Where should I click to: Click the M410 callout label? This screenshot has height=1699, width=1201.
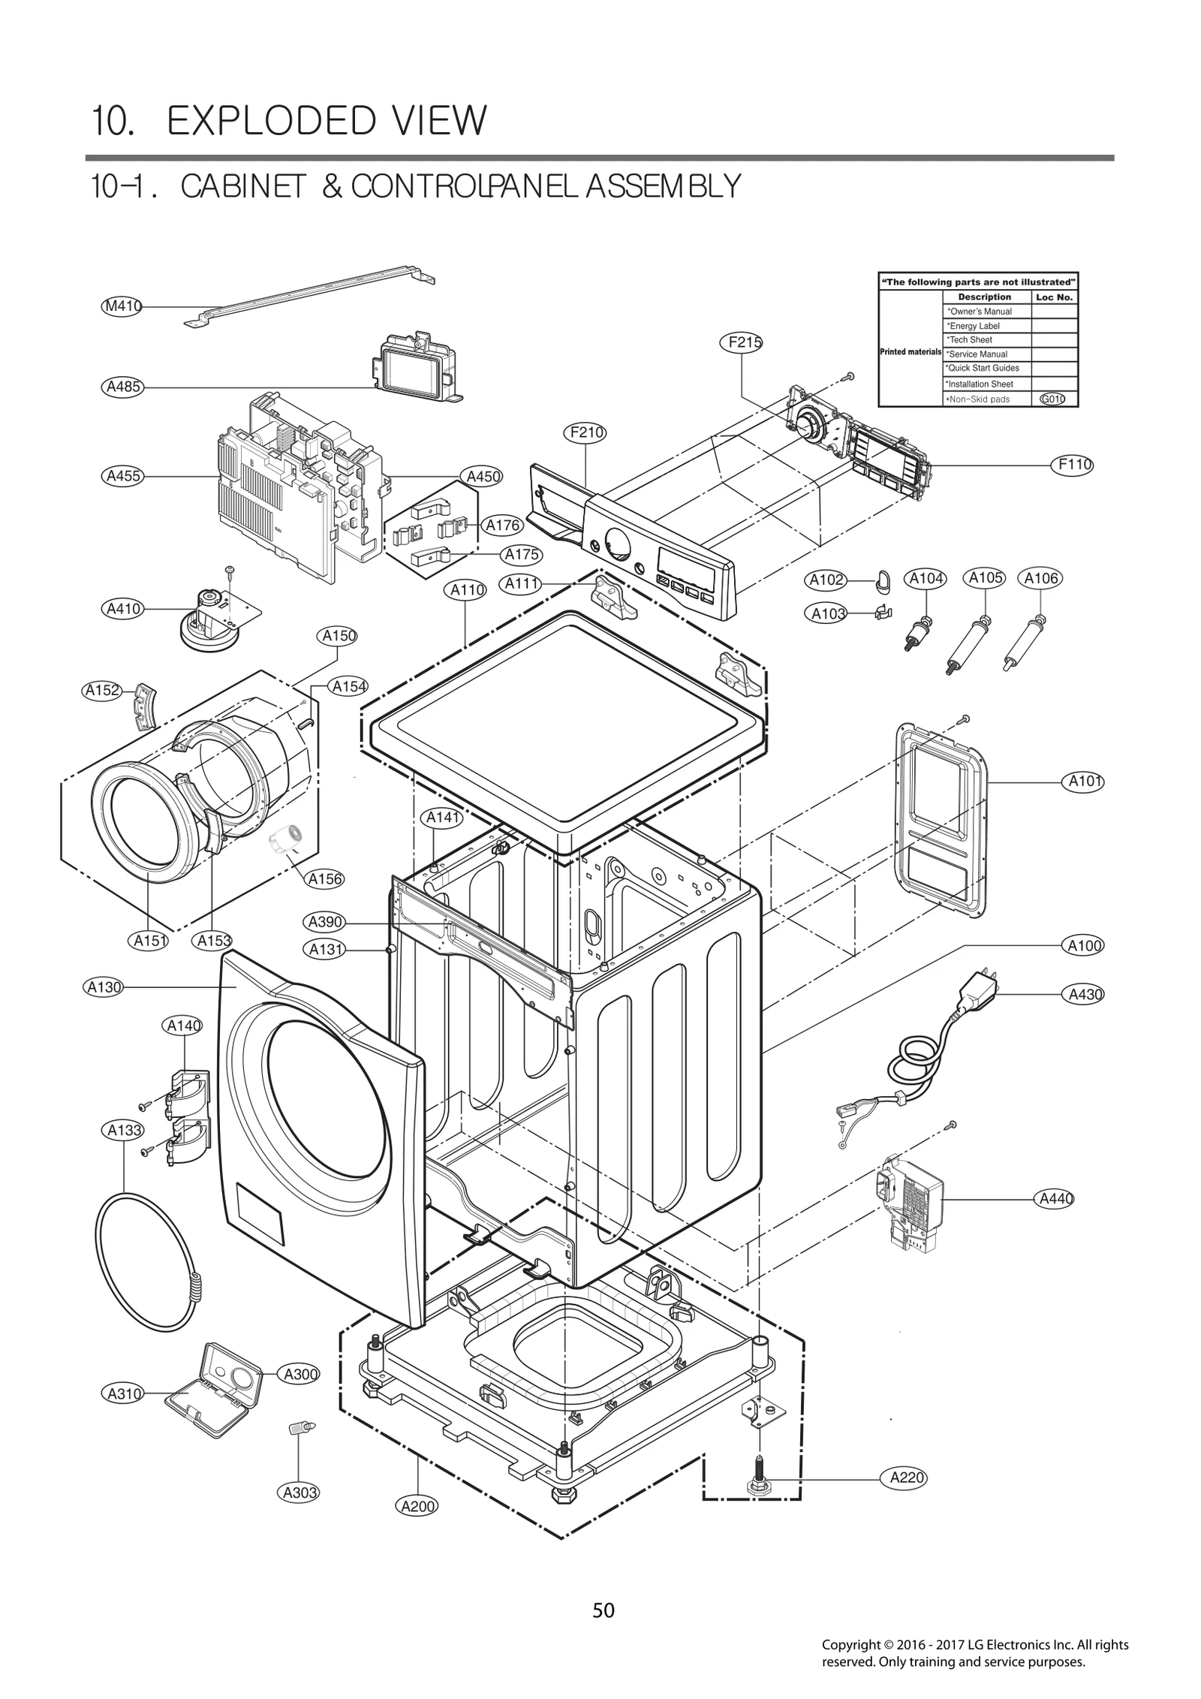point(122,306)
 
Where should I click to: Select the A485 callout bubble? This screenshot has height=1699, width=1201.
point(122,387)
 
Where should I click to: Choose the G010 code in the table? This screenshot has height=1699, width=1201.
point(1052,399)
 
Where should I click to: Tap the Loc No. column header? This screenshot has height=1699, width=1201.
point(1054,297)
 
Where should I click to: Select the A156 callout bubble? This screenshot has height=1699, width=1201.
point(325,878)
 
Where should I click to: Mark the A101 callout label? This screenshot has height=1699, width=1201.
point(1085,782)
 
